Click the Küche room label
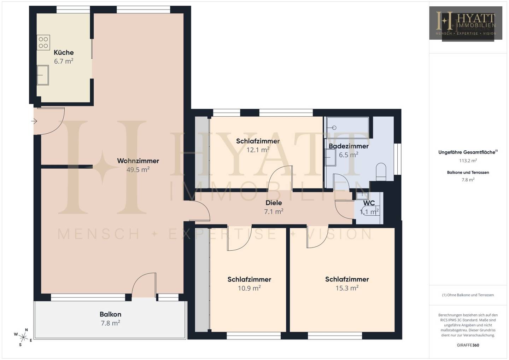coord(64,52)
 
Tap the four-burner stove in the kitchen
coord(43,42)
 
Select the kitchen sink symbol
coord(43,75)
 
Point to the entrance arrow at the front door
coord(34,121)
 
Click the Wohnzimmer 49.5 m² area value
coord(138,169)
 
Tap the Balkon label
coord(110,314)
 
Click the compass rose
coord(23,337)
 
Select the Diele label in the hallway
coord(274,203)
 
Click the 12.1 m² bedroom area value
coord(258,150)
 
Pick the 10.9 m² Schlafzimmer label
coord(249,279)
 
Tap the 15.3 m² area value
coord(347,288)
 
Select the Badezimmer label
coord(349,146)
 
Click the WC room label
coord(369,203)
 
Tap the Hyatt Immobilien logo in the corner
coord(466,24)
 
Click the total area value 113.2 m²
coord(468,161)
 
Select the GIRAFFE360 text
coord(468,345)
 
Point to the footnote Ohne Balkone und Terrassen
coord(468,295)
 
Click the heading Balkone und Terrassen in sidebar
coord(468,173)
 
